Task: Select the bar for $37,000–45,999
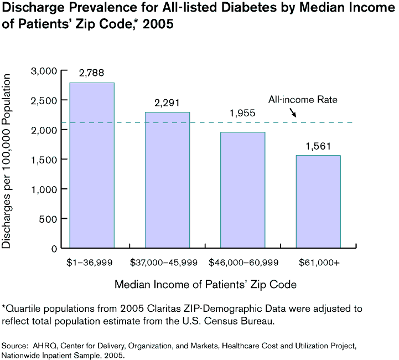(x=167, y=180)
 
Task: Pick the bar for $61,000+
(x=318, y=202)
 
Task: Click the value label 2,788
(x=91, y=73)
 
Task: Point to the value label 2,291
(x=167, y=102)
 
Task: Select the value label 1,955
(x=242, y=113)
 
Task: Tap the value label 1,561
(x=318, y=146)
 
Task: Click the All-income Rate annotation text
(x=303, y=100)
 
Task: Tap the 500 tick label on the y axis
(x=49, y=219)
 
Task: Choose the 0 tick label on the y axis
(x=54, y=249)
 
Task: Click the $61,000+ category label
(x=319, y=262)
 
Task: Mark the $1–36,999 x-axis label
(x=91, y=262)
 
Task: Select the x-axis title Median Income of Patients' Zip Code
(x=205, y=285)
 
